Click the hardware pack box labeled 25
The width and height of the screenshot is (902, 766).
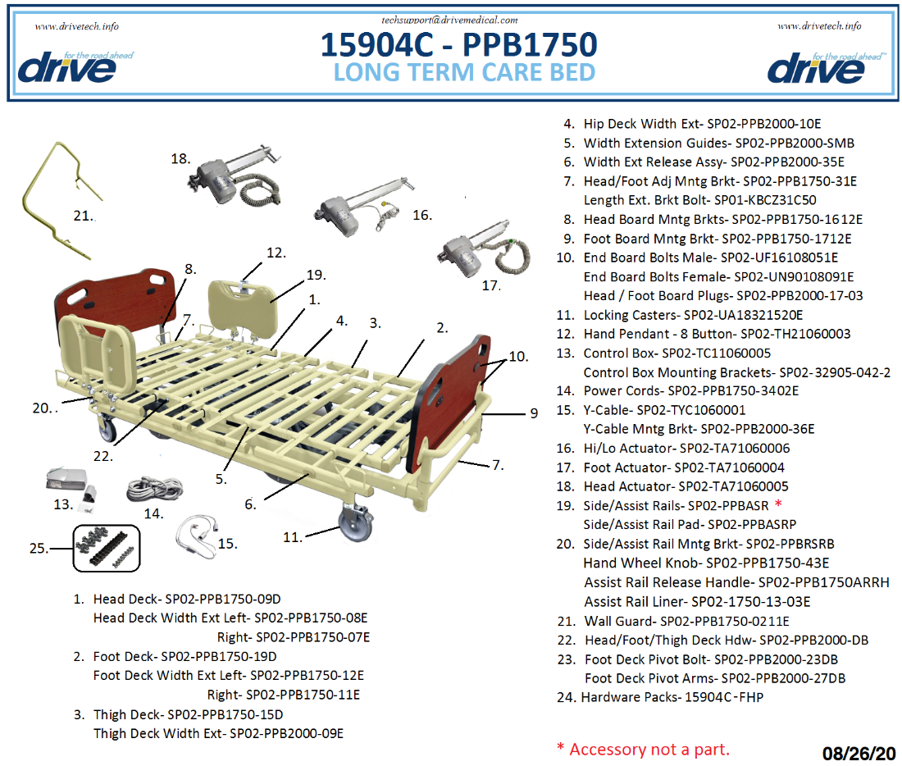tap(107, 547)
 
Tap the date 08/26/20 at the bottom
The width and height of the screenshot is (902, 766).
tap(859, 753)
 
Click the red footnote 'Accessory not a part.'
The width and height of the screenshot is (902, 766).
tap(643, 749)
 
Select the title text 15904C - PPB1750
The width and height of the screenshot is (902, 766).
tap(458, 44)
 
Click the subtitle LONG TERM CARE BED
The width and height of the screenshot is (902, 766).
tap(464, 72)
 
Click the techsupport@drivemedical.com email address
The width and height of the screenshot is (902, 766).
tap(450, 19)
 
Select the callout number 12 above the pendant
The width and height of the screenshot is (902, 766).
tap(276, 253)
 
